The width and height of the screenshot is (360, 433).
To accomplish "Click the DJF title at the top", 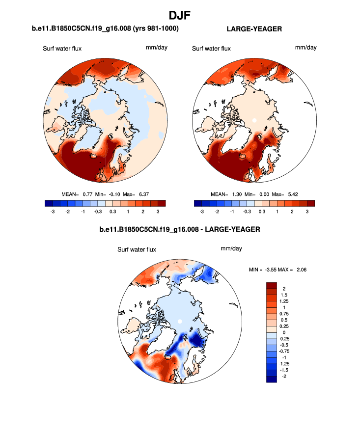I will (180, 16).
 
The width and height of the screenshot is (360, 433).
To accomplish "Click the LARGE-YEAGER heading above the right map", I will (254, 29).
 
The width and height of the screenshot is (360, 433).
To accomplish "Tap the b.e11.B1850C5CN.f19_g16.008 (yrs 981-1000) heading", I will (105, 29).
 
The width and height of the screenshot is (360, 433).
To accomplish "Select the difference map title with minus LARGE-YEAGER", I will (179, 229).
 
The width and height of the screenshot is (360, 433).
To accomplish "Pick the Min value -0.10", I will (111, 194).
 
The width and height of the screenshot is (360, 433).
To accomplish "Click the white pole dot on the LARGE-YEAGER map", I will (254, 120).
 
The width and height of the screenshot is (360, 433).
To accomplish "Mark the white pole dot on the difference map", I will (180, 321).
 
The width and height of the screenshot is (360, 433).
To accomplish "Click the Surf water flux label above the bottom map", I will (137, 249).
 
